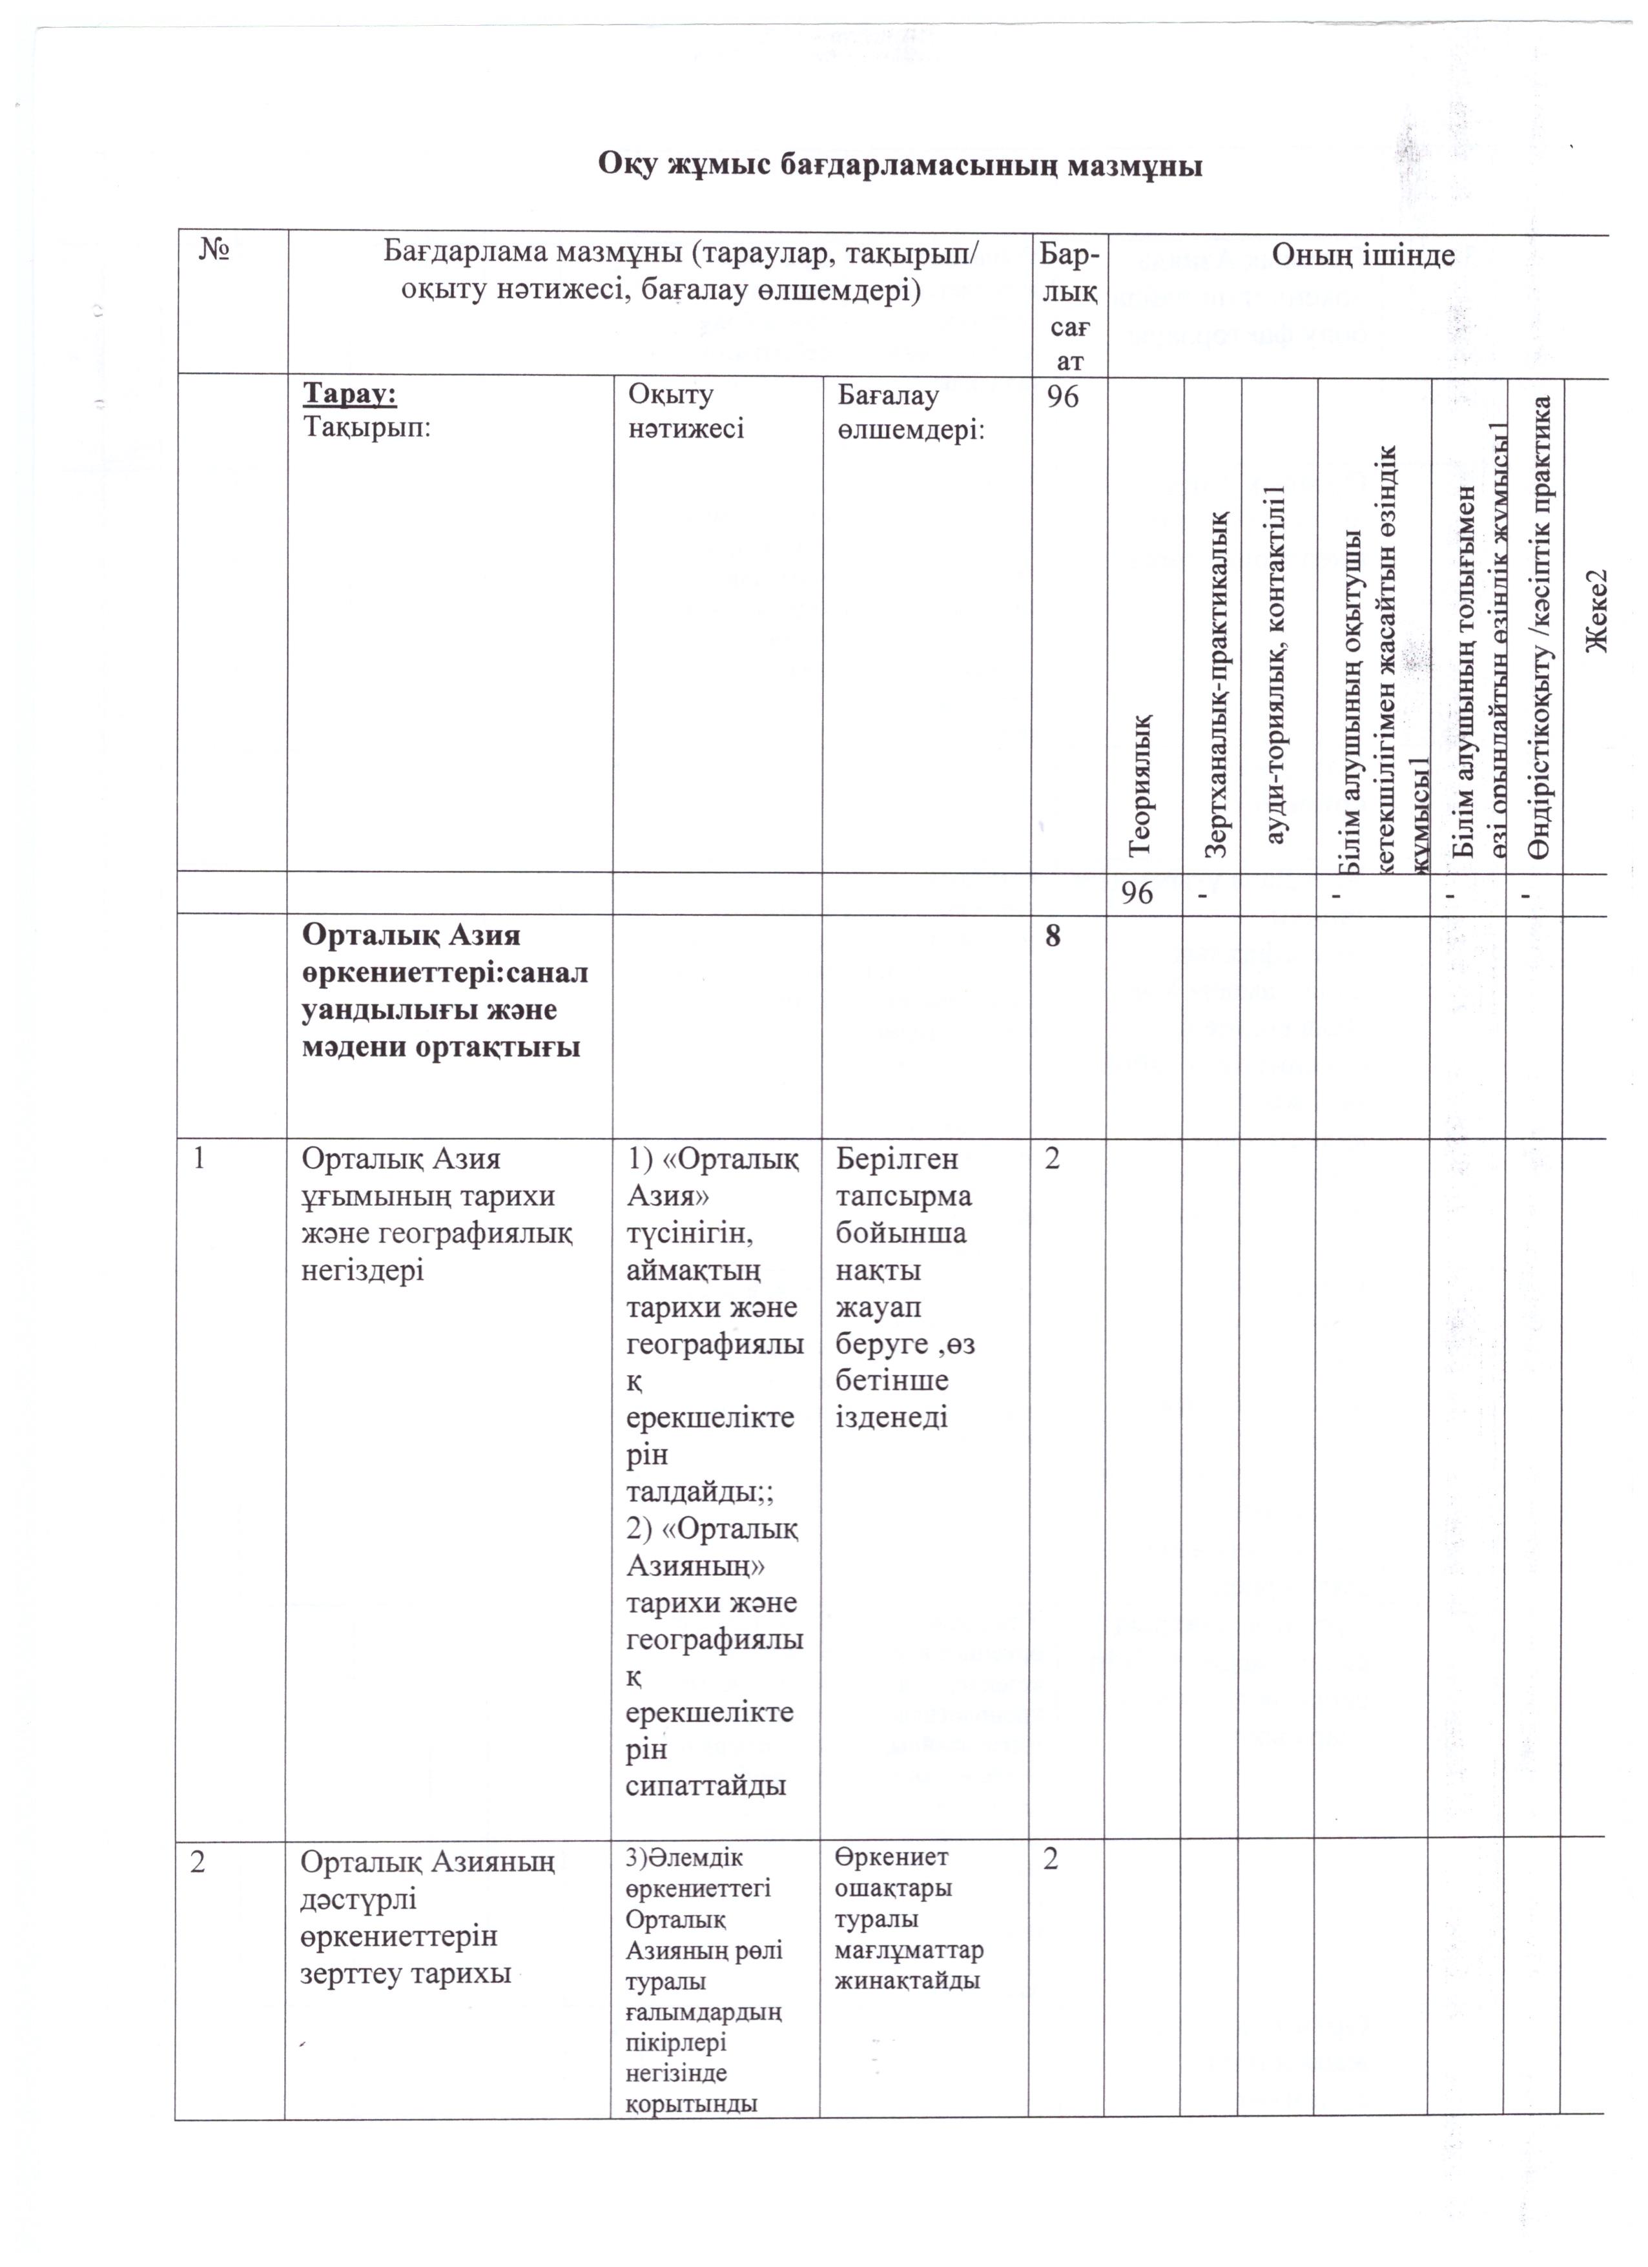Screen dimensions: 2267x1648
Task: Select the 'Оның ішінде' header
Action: point(1362,256)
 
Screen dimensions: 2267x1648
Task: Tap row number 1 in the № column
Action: point(201,1161)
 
